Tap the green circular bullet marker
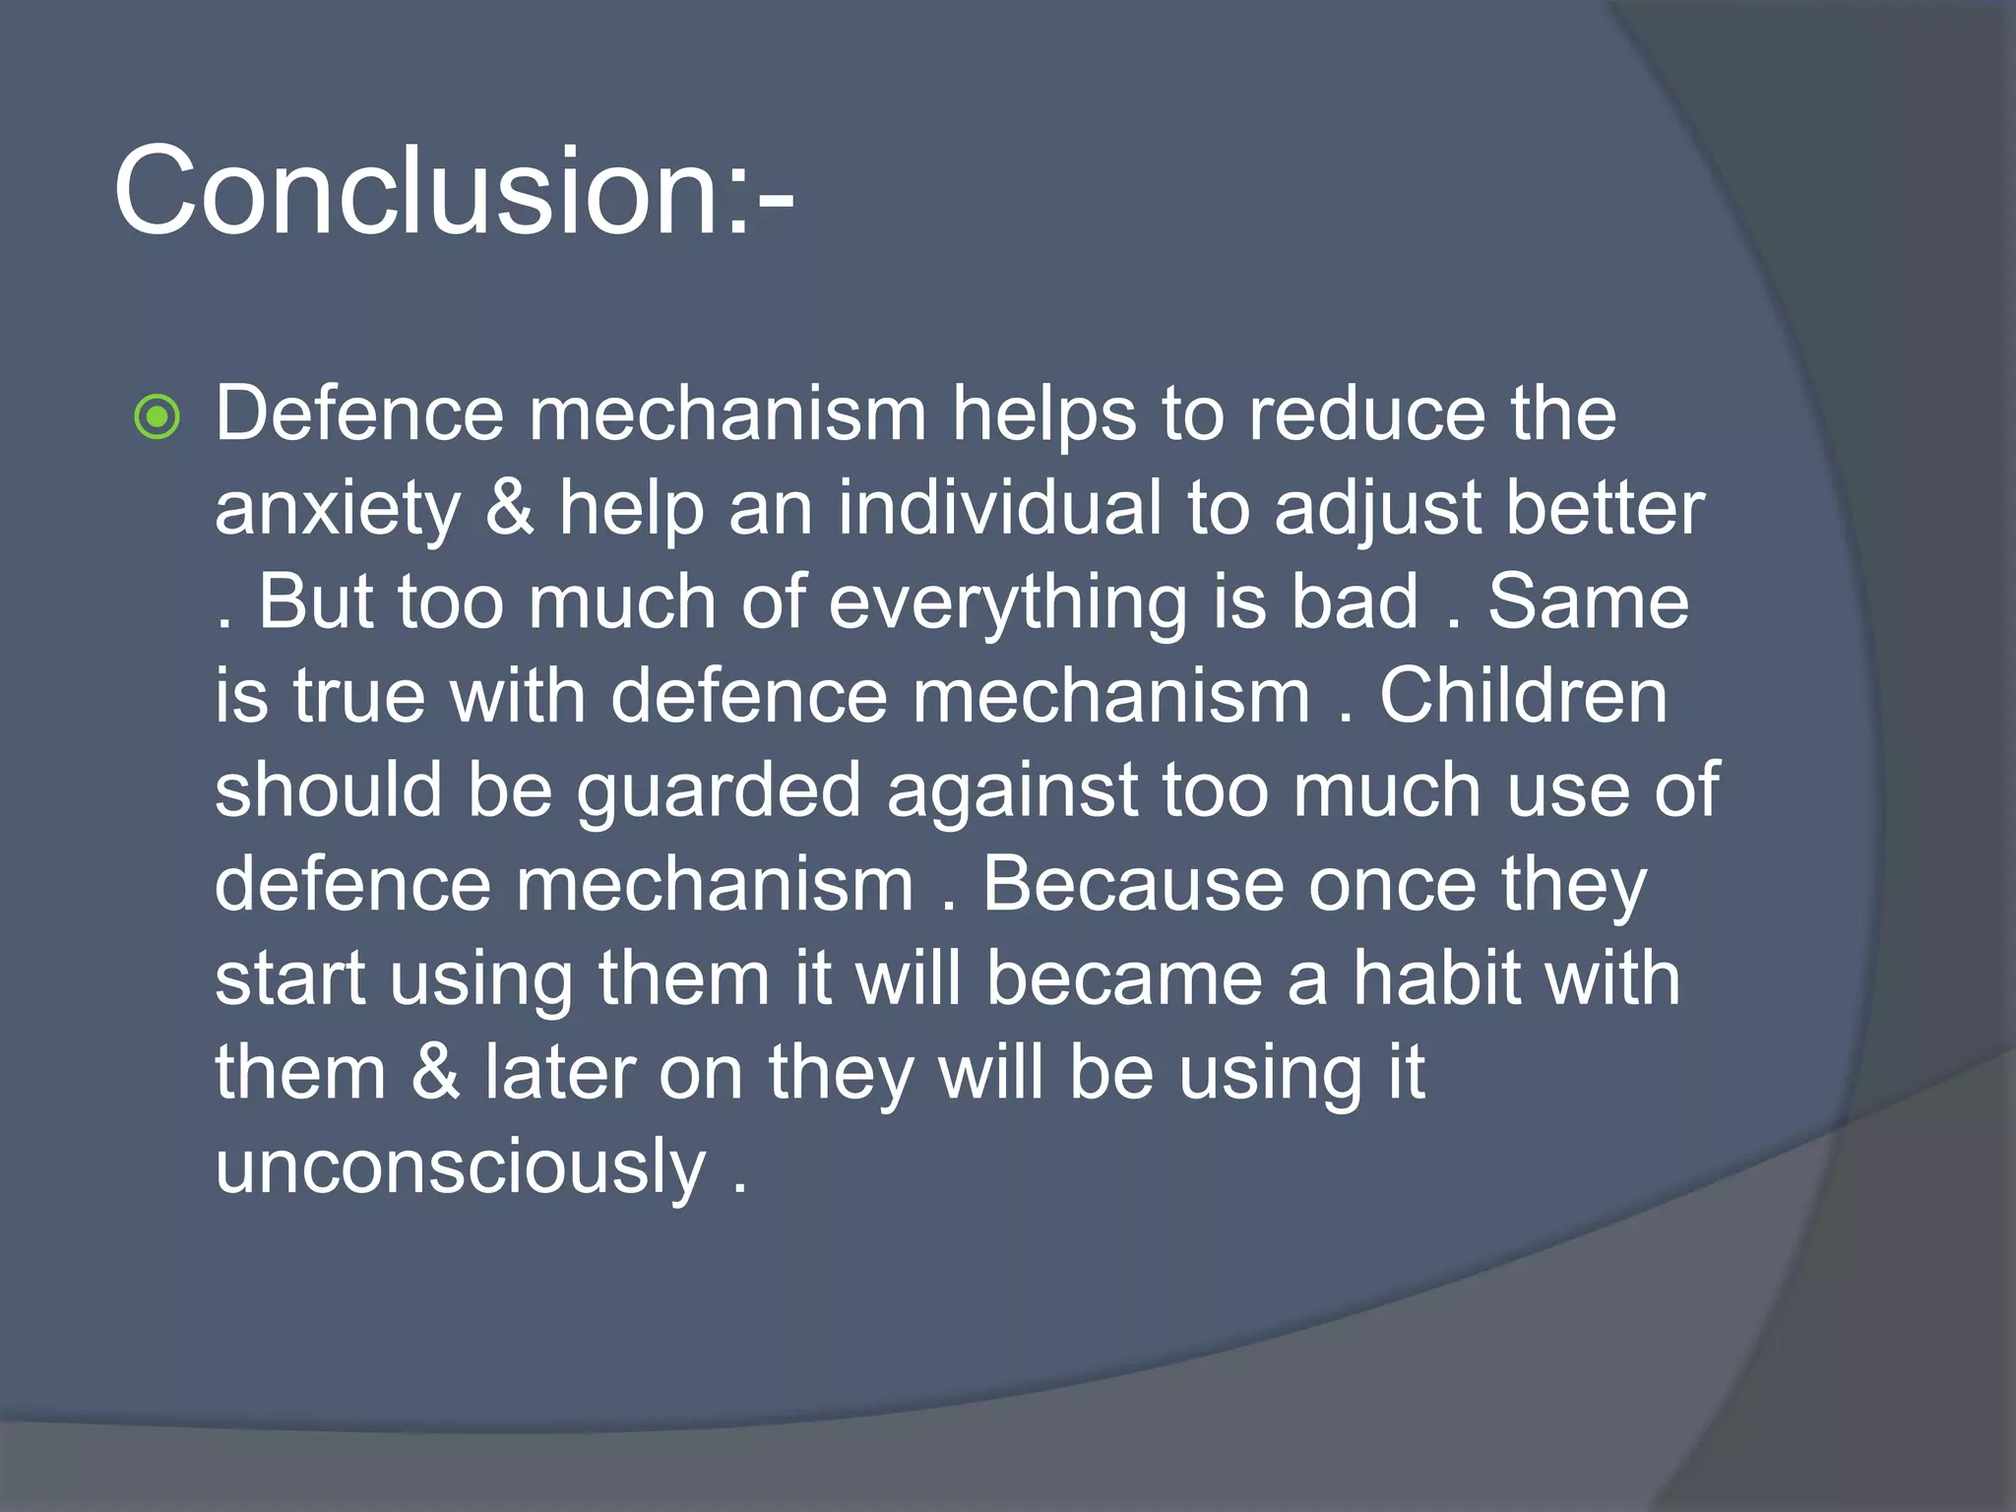coord(157,416)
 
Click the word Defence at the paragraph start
coord(359,413)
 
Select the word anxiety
coord(338,510)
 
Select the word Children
coord(1523,695)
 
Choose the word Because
coord(1133,884)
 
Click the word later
coord(559,1072)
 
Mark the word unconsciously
coord(460,1167)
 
